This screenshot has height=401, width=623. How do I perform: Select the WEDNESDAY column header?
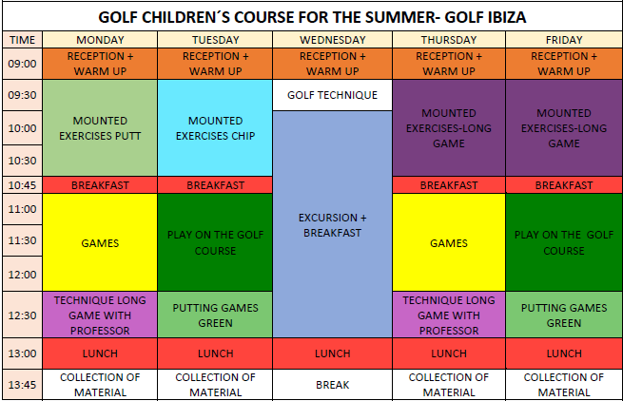[333, 40]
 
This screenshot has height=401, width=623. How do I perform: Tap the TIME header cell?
[22, 40]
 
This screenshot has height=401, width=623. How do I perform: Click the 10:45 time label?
[22, 185]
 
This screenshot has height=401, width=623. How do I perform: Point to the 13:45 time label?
[22, 384]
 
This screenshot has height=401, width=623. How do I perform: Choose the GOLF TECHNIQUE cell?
[333, 95]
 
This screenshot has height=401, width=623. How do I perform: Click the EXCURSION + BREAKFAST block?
[333, 224]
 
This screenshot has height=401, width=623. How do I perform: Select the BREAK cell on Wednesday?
[333, 384]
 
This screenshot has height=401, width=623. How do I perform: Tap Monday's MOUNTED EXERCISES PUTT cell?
[100, 128]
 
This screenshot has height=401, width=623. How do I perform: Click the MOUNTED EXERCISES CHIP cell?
[215, 128]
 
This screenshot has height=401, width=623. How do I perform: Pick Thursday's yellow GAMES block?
[449, 242]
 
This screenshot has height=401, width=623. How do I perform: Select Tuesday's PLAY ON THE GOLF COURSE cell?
[215, 242]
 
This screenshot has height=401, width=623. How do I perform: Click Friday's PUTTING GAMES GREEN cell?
[564, 315]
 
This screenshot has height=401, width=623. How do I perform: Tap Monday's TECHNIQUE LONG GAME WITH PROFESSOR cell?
[100, 315]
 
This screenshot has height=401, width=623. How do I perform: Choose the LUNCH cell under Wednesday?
[333, 353]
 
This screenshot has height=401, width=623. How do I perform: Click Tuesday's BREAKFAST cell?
[215, 185]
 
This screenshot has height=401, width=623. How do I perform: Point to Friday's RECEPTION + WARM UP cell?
[564, 64]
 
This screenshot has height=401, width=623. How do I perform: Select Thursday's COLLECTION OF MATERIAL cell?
[449, 384]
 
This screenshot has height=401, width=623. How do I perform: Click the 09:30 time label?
[22, 95]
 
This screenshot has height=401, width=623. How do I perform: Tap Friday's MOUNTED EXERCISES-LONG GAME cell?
[564, 128]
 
